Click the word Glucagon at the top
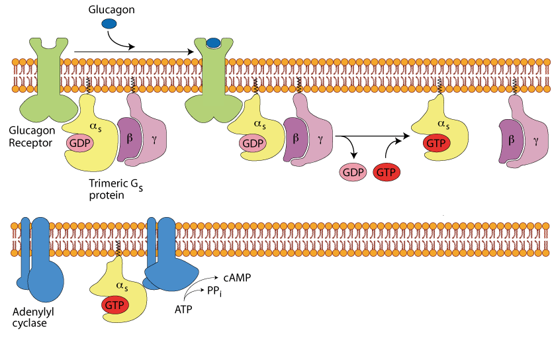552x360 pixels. pos(111,9)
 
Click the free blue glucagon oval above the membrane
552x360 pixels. pos(109,24)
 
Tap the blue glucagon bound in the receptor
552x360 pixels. pos(213,44)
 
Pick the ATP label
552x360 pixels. pos(183,308)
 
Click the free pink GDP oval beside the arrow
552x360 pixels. pos(353,173)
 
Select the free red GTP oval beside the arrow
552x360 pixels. pos(387,173)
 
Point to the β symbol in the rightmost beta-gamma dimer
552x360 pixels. pos(512,141)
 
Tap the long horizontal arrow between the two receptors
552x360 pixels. pos(132,50)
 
